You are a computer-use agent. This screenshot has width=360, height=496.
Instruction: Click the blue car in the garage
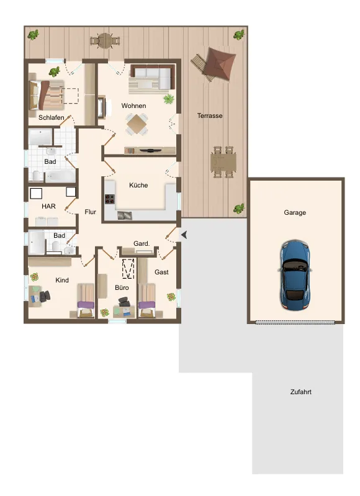click(294, 274)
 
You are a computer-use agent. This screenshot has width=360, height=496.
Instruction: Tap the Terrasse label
click(210, 116)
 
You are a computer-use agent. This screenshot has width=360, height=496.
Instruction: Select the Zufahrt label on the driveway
click(301, 392)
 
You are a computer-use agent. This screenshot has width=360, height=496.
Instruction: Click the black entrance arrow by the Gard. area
click(184, 235)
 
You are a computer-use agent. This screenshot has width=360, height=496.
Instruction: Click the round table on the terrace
click(105, 40)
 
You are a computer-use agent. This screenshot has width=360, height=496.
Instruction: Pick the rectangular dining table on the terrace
click(223, 161)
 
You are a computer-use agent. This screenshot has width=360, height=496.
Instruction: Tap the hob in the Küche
click(110, 199)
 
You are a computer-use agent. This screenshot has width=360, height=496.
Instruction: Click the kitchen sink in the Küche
click(124, 215)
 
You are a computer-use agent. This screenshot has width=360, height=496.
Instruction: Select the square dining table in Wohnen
click(137, 124)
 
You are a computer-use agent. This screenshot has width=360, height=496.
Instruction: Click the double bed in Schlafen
click(46, 95)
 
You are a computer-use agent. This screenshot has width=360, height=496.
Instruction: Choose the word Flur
click(90, 212)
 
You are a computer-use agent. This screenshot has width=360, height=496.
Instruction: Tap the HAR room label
click(48, 206)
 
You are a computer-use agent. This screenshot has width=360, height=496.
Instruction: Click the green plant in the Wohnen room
click(169, 99)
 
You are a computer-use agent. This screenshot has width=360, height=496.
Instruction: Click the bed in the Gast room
click(146, 300)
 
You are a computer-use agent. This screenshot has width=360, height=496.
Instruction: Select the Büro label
click(122, 287)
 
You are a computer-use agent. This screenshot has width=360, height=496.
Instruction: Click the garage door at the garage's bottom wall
click(295, 322)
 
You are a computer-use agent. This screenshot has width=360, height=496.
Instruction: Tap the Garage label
click(295, 212)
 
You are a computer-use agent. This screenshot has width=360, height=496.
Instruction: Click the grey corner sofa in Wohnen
click(153, 76)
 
